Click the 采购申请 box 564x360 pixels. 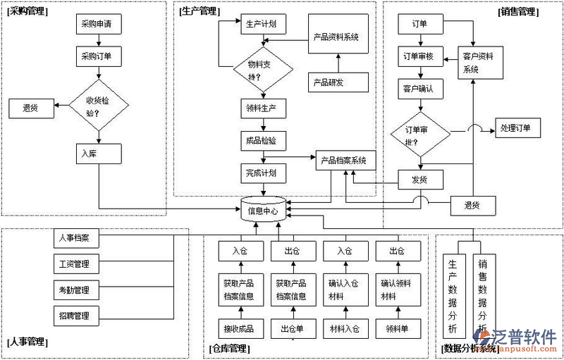(98, 25)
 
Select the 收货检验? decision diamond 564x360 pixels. (98, 106)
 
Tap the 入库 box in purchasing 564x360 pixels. (98, 152)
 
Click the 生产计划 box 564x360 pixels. (262, 24)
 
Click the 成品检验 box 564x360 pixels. (262, 140)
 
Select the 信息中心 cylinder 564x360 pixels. (264, 210)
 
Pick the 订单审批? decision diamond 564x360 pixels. (420, 135)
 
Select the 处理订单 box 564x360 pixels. (520, 128)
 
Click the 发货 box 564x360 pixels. (420, 180)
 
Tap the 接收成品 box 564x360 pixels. (239, 328)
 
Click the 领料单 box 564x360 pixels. (398, 328)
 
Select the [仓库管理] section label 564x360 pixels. (230, 348)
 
